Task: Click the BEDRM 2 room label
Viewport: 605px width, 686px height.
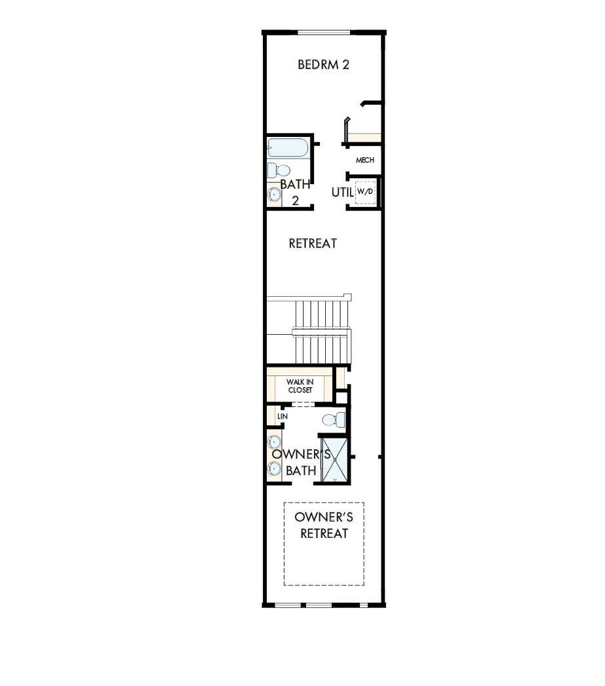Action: [x=323, y=65]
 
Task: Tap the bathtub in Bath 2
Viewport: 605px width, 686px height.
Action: [x=287, y=147]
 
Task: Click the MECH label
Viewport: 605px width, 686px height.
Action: [x=364, y=160]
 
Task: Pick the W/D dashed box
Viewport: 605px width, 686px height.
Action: [x=364, y=192]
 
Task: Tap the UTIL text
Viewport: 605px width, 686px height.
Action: [x=342, y=192]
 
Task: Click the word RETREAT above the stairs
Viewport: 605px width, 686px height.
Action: [x=313, y=244]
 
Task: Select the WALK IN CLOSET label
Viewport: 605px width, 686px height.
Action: [x=300, y=386]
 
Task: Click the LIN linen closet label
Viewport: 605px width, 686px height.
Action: [x=283, y=417]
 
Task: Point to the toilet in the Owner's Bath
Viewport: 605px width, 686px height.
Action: [x=332, y=420]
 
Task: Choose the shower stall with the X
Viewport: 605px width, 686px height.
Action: [x=335, y=459]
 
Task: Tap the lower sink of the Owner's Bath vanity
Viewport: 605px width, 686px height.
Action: [x=274, y=468]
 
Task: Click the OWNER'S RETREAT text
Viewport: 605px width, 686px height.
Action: [x=324, y=525]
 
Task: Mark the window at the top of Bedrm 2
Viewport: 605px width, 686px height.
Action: [x=324, y=32]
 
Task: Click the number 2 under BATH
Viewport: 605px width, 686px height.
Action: [x=295, y=201]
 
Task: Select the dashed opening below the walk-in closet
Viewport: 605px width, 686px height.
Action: [x=301, y=404]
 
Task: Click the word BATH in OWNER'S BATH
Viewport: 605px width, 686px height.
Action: [x=301, y=470]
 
